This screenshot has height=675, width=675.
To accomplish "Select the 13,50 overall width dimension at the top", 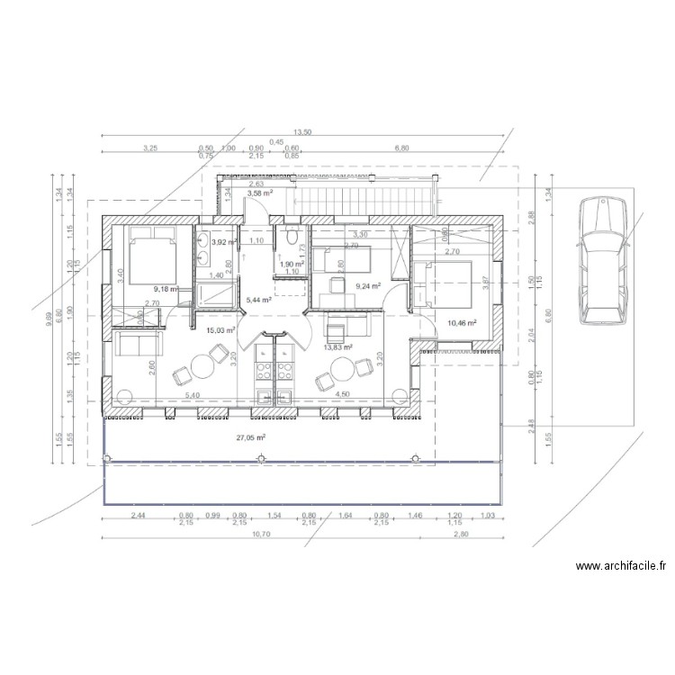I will pyautogui.click(x=301, y=131).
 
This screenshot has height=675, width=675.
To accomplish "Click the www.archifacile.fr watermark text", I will pyautogui.click(x=622, y=566).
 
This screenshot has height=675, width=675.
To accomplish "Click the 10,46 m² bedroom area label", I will pyautogui.click(x=461, y=322).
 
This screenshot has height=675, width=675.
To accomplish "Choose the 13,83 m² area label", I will pyautogui.click(x=337, y=346).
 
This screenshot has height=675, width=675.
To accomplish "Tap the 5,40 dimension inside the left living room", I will pyautogui.click(x=192, y=394).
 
